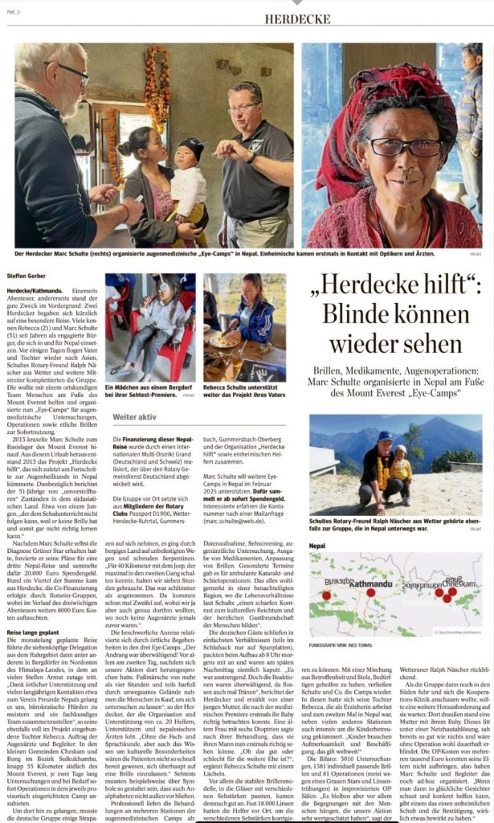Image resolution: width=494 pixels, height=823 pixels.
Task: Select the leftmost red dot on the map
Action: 326,596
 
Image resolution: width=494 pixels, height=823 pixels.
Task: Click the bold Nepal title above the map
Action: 319,545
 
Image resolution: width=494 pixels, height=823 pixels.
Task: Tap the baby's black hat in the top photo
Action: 191,148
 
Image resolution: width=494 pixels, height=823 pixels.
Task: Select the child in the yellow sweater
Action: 400,468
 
